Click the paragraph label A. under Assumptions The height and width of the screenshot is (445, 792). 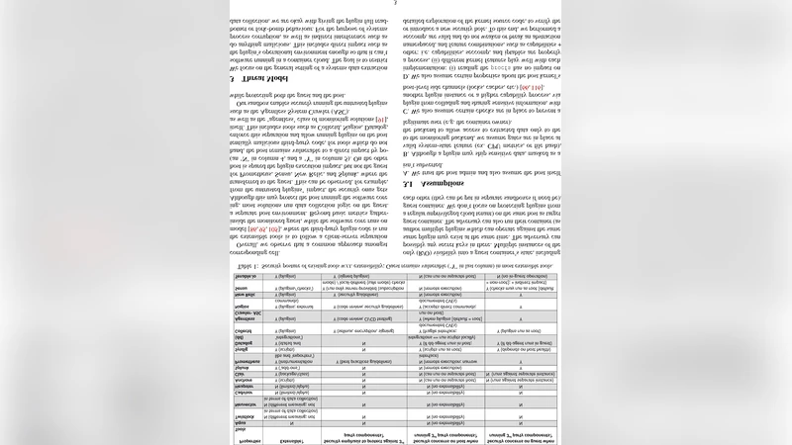click(406, 172)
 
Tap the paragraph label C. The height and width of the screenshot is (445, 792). click(406, 111)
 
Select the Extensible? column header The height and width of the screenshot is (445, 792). click(291, 441)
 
